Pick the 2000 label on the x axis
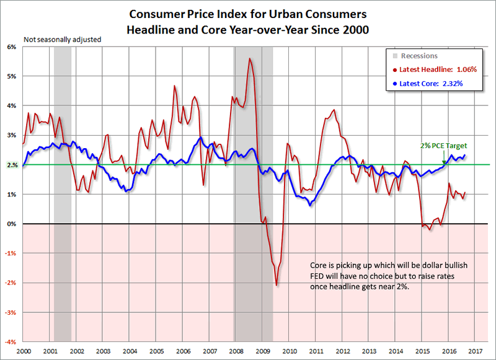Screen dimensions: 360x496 coord(24,351)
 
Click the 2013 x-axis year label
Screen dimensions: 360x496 coord(370,351)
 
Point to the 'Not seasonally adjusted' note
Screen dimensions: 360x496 coord(62,40)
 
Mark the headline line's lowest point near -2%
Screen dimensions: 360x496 coord(277,285)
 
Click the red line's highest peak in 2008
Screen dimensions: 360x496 coord(249,58)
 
